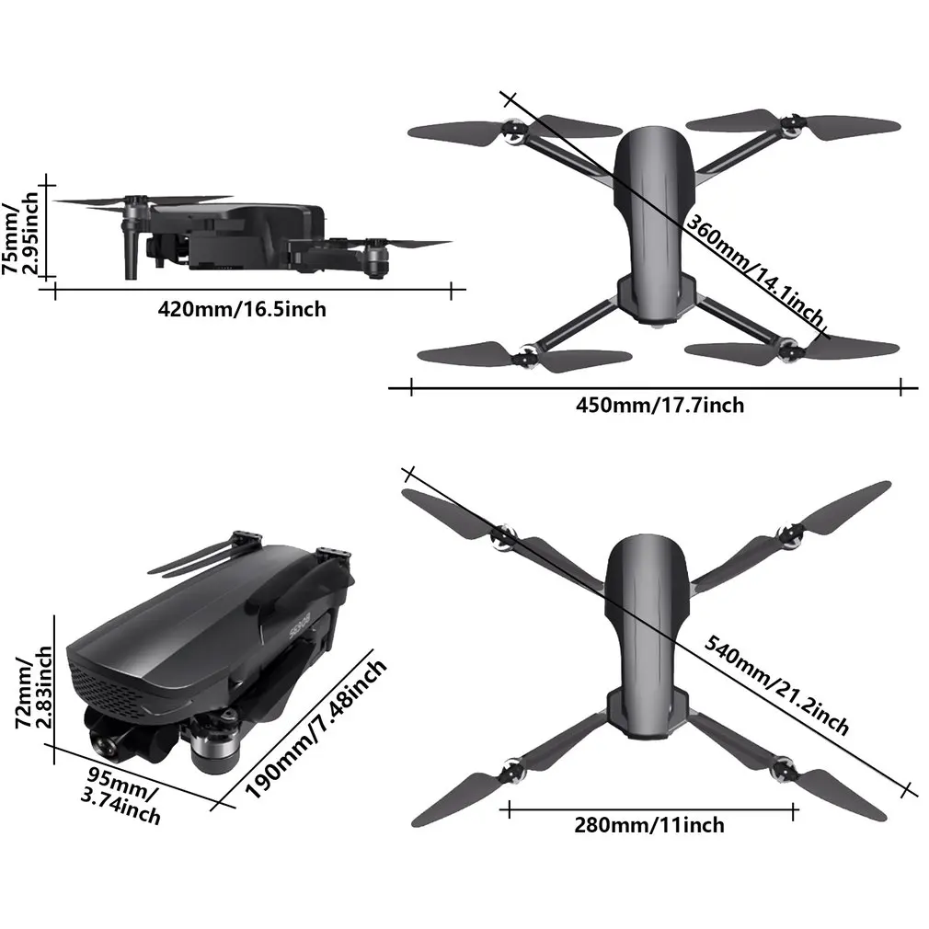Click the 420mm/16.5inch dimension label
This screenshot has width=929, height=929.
[x=242, y=309]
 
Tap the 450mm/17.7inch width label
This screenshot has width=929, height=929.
[x=659, y=405]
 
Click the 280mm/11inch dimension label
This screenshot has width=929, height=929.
[x=649, y=825]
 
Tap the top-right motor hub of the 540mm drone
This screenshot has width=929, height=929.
[x=788, y=536]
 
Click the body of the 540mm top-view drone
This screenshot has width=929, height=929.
[x=649, y=635]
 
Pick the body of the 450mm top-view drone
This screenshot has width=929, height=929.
[x=652, y=221]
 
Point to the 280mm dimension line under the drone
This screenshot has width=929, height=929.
[x=649, y=809]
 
